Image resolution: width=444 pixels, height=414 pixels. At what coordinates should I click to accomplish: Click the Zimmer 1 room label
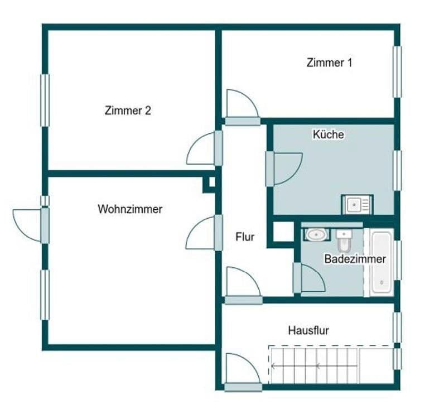coord(329,62)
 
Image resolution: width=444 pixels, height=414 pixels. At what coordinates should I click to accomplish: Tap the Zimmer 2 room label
coord(128,110)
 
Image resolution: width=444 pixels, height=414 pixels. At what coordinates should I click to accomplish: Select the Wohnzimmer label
coord(130,209)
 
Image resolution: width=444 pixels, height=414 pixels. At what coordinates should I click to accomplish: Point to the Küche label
coord(328,134)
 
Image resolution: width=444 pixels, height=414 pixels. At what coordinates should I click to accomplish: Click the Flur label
coord(245,237)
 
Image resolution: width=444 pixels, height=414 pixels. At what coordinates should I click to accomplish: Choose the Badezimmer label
coord(355,259)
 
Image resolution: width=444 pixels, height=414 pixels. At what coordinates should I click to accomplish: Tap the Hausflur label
coord(308,330)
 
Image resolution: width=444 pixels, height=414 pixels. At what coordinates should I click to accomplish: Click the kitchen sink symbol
coord(357,205)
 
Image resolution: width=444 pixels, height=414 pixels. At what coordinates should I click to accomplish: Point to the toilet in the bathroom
coord(344,242)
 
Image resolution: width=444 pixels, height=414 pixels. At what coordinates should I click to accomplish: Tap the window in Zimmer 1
coord(397,71)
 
